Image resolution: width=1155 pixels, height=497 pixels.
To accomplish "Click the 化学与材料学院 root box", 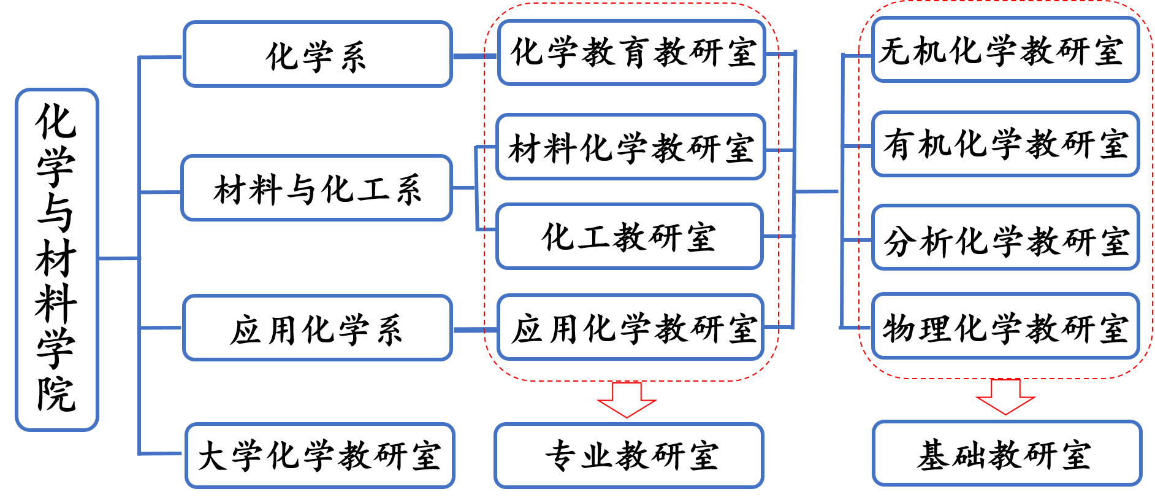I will click(x=56, y=260).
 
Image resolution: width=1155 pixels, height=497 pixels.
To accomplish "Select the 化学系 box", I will click(x=318, y=55).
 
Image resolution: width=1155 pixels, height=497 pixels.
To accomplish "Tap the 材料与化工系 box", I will click(x=317, y=188).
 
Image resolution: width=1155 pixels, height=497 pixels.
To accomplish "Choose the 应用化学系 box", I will click(x=318, y=328).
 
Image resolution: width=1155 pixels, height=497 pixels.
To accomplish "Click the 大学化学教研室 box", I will click(x=319, y=455).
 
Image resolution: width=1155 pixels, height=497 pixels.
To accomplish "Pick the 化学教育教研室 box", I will click(x=631, y=53).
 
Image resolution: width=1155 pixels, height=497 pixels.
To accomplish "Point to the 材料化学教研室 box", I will click(x=631, y=147).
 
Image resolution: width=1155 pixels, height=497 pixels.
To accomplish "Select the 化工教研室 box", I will click(x=630, y=236).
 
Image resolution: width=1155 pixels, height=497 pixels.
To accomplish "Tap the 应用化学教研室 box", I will click(x=631, y=328).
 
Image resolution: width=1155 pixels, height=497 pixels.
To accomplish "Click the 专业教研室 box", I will click(x=629, y=455).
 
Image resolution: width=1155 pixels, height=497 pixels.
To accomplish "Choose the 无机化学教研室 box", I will click(x=1005, y=50).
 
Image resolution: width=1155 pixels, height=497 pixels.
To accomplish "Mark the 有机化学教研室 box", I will click(x=1005, y=144).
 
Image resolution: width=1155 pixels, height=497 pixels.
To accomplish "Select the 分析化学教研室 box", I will click(x=1005, y=238).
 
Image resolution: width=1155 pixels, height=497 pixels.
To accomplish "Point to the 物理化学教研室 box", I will click(x=1005, y=326).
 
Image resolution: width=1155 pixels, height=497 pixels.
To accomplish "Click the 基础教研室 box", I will click(x=1007, y=454).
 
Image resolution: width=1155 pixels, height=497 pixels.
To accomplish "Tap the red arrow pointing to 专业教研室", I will click(x=627, y=399).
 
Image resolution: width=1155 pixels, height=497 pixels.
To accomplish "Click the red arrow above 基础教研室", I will click(x=1005, y=396).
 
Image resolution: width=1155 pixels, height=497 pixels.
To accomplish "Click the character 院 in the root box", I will click(x=56, y=394).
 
